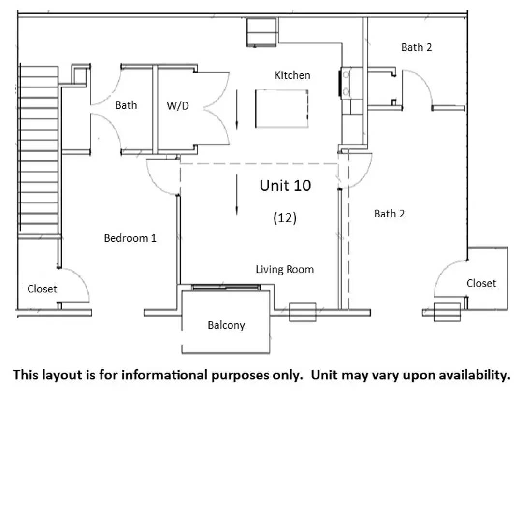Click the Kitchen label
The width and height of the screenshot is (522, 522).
tap(292, 75)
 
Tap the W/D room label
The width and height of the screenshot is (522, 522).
tap(178, 106)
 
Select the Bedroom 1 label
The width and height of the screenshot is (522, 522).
tap(130, 238)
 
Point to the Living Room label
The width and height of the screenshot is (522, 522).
tap(285, 269)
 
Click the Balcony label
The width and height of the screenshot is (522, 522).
tap(226, 325)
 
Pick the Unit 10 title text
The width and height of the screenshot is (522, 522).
tap(285, 186)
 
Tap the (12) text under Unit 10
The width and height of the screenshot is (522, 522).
tap(285, 217)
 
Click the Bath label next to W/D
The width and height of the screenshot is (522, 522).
tap(126, 105)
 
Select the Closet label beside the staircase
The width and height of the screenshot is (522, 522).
tap(42, 289)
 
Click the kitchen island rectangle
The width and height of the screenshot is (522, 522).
tap(282, 109)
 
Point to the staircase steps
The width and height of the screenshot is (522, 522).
tap(39, 148)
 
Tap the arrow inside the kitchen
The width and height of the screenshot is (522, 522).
tap(237, 109)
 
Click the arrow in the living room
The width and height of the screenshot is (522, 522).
tap(237, 194)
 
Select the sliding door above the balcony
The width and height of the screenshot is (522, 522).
tap(226, 287)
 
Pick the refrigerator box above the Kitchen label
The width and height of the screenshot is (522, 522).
tap(261, 32)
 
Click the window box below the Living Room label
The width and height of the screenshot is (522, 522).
tap(303, 312)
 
